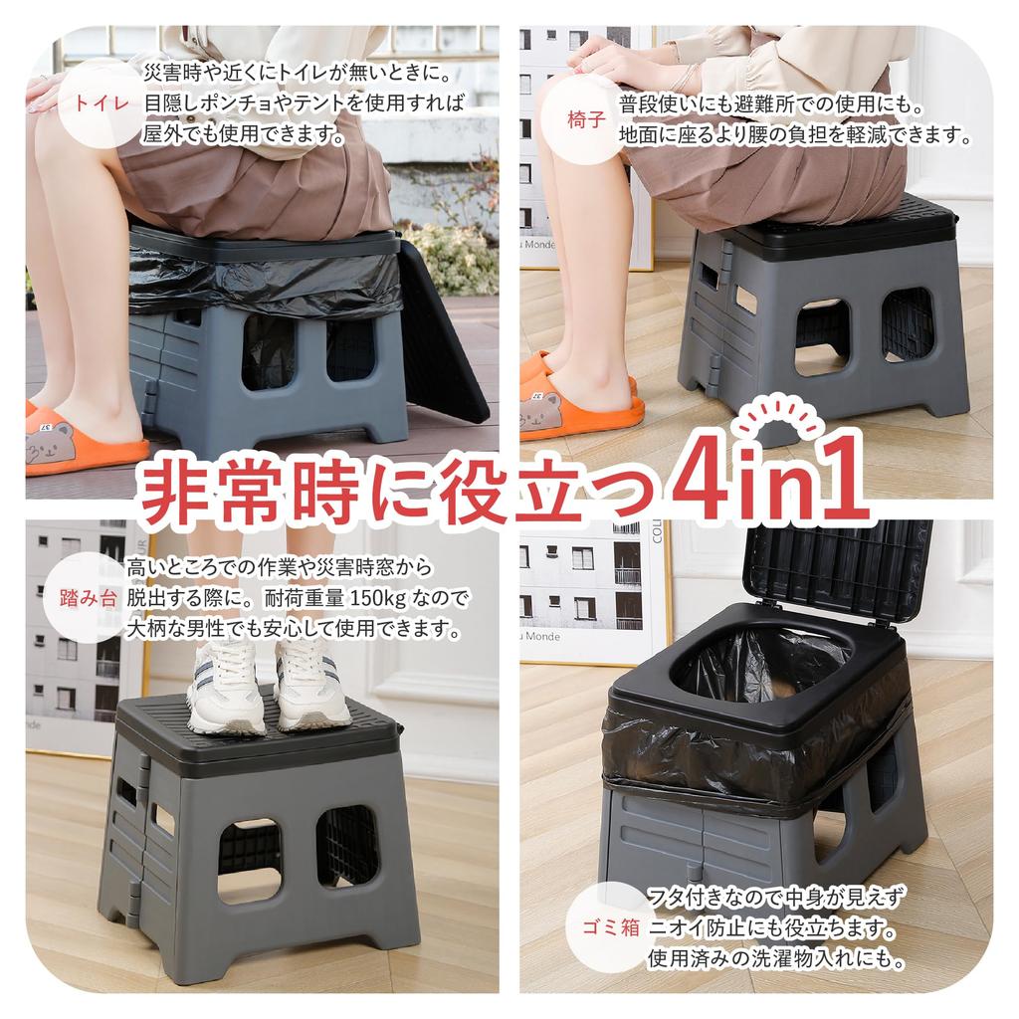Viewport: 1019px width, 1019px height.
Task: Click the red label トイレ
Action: tap(102, 103)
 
